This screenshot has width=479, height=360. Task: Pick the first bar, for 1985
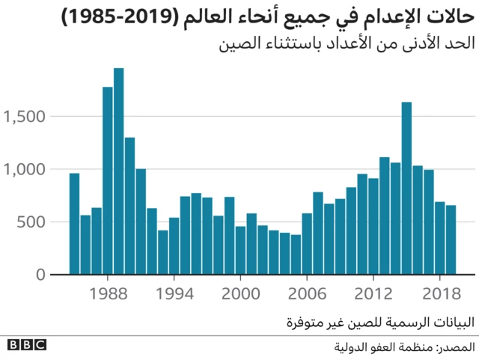pyautogui.click(x=74, y=224)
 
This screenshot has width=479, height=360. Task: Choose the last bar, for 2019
pyautogui.click(x=451, y=240)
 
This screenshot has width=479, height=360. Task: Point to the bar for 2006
pyautogui.click(x=307, y=244)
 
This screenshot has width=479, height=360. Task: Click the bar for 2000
pyautogui.click(x=240, y=251)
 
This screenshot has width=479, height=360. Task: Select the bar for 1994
pyautogui.click(x=174, y=246)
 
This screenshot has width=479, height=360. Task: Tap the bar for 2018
pyautogui.click(x=439, y=239)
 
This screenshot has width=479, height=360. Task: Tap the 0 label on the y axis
pyautogui.click(x=41, y=275)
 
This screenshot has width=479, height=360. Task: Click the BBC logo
pyautogui.click(x=27, y=345)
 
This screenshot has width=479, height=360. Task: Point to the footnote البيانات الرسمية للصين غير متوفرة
pyautogui.click(x=382, y=323)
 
